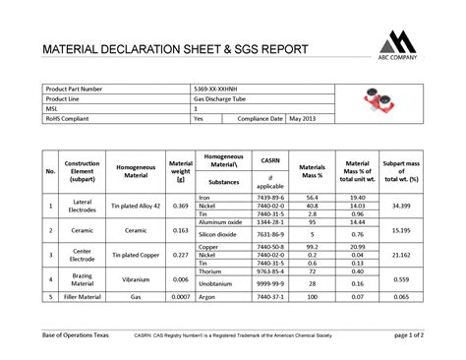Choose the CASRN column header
(270, 158)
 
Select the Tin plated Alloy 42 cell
(136, 206)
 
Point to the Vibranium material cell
(136, 279)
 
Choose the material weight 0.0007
(180, 296)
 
